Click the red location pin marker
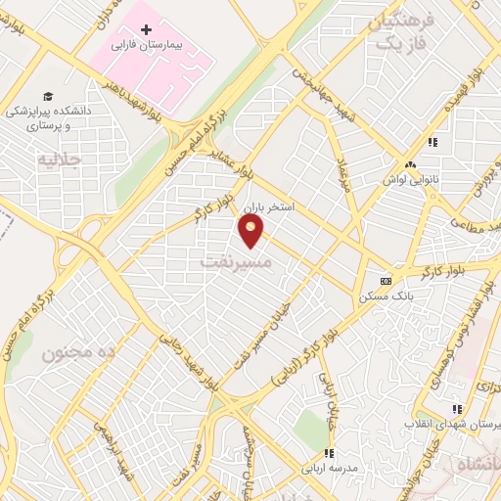click(251, 230)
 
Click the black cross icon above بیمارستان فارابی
click(147, 29)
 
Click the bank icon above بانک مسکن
click(386, 278)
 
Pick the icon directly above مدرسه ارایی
click(330, 453)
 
